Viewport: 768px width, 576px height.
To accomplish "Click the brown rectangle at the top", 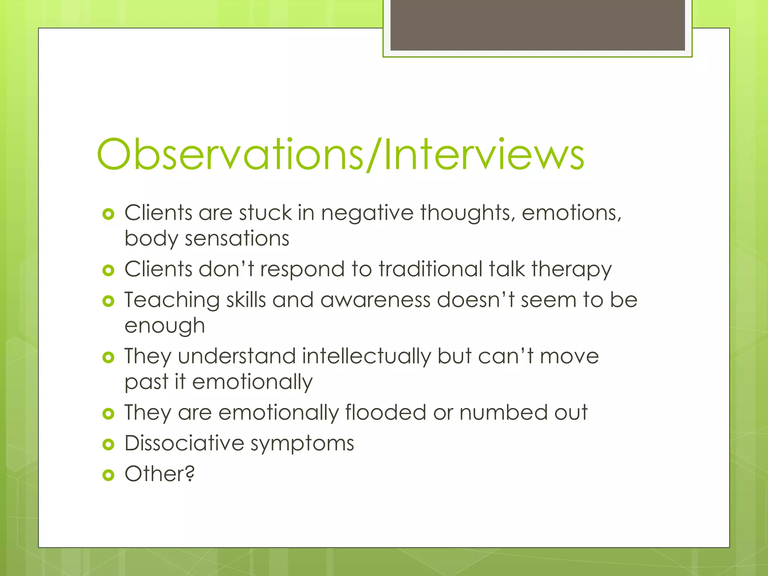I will pos(537,25).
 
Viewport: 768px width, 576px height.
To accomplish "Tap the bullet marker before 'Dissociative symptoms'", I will pos(108,445).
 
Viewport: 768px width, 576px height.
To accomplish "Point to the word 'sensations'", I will pos(237,238).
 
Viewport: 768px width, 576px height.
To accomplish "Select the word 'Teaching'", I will pos(172,300).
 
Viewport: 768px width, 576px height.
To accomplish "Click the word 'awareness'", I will pos(375,300).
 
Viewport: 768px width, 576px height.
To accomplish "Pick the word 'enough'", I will pos(165,326).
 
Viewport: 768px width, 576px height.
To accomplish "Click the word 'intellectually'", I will pos(366,356).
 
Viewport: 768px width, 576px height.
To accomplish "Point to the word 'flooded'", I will pos(385,412).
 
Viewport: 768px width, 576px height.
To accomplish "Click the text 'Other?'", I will pos(160,474).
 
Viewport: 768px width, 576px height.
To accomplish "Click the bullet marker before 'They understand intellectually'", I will pos(108,358).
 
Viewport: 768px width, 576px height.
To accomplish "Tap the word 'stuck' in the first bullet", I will pos(265,213).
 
